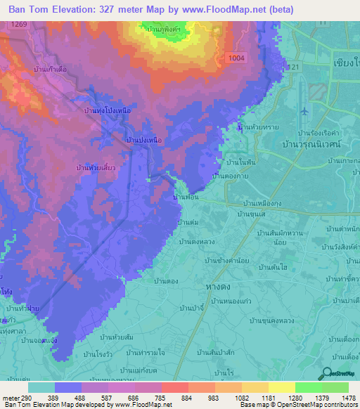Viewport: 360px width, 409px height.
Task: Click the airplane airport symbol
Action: (304, 112)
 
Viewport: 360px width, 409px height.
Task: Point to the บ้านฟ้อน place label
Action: (186, 199)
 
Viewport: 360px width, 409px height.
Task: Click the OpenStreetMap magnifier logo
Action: (326, 372)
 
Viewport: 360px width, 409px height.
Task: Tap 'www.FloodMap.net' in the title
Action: (226, 9)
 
